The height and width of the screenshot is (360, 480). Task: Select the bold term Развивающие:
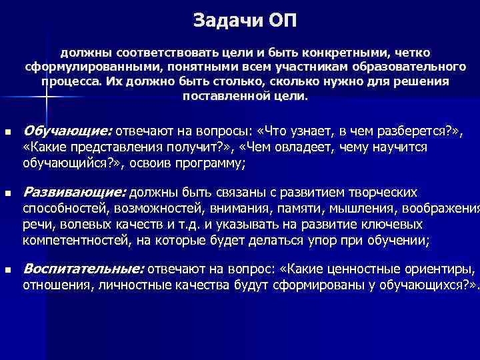74,193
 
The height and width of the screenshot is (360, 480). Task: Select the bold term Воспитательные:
83,269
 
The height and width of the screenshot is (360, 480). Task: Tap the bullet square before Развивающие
7,193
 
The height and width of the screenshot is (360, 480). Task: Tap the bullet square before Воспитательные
7,270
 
